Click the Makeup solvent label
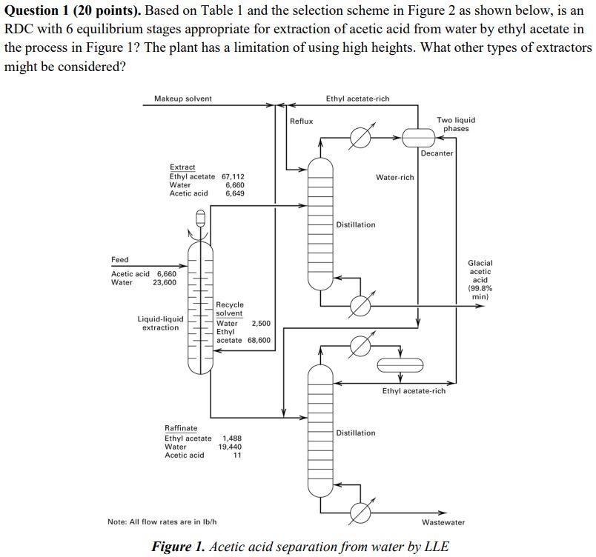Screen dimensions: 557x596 pyautogui.click(x=182, y=99)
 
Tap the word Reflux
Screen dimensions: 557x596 pyautogui.click(x=301, y=121)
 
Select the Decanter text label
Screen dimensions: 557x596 pyautogui.click(x=437, y=153)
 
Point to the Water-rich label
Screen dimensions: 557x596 pyautogui.click(x=394, y=177)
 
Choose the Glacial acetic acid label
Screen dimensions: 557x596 pyautogui.click(x=480, y=280)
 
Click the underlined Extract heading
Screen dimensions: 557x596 pyautogui.click(x=182, y=167)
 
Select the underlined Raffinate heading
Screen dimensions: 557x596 pyautogui.click(x=181, y=428)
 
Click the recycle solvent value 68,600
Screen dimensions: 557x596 pyautogui.click(x=259, y=340)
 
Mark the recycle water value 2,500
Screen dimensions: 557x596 pyautogui.click(x=261, y=323)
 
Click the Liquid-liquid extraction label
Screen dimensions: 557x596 pyautogui.click(x=161, y=323)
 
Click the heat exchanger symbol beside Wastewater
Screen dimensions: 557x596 pyautogui.click(x=360, y=512)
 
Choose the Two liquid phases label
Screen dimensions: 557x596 pyautogui.click(x=456, y=124)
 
